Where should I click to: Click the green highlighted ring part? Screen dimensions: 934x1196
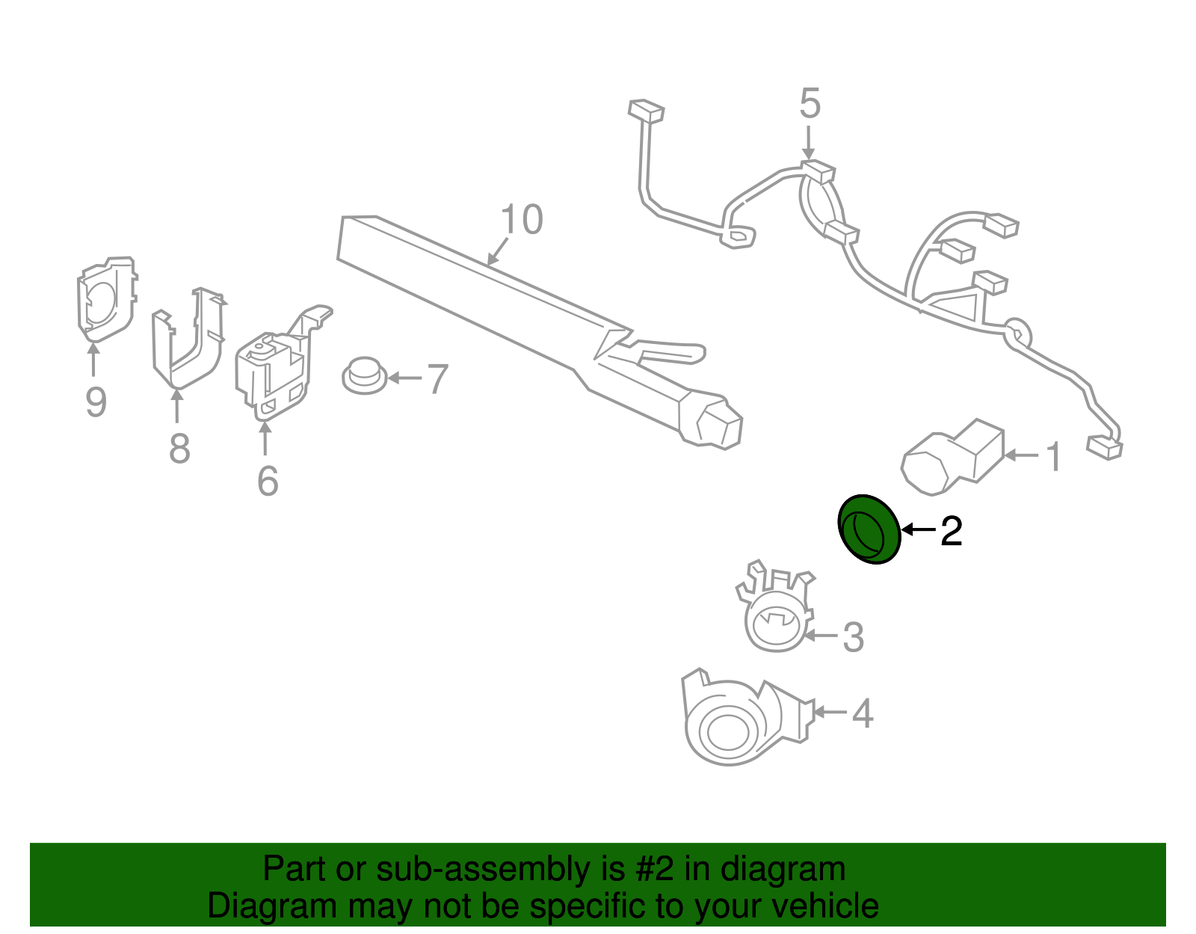pos(868,529)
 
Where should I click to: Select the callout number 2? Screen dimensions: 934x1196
pos(951,531)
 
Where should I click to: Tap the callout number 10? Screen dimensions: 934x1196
pos(521,220)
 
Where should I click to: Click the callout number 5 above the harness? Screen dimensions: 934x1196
pos(810,103)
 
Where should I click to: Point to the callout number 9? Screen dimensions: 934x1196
pos(96,402)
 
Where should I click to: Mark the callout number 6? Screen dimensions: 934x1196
pos(268,481)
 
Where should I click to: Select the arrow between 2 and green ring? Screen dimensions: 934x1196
pos(918,529)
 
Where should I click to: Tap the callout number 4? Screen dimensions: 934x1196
pos(863,713)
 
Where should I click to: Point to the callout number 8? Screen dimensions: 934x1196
pos(179,449)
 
